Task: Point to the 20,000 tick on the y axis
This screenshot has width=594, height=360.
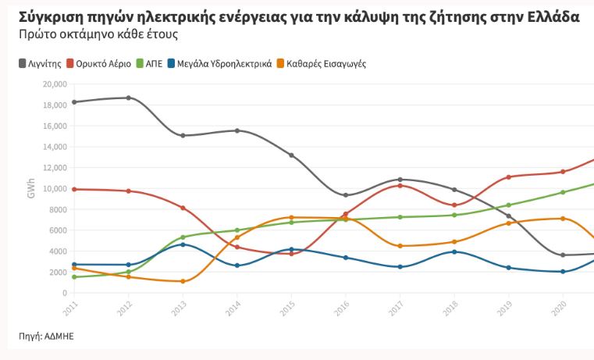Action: [57, 84]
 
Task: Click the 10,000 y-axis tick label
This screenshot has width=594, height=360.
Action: [57, 188]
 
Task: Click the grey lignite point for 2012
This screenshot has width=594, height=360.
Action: [129, 98]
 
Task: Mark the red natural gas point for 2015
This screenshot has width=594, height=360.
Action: [291, 254]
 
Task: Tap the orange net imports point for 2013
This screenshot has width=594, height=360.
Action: [183, 281]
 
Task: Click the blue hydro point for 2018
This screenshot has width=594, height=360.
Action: [454, 251]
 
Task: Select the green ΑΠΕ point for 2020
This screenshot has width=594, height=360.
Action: [562, 192]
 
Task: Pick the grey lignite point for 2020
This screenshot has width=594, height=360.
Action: [562, 255]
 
